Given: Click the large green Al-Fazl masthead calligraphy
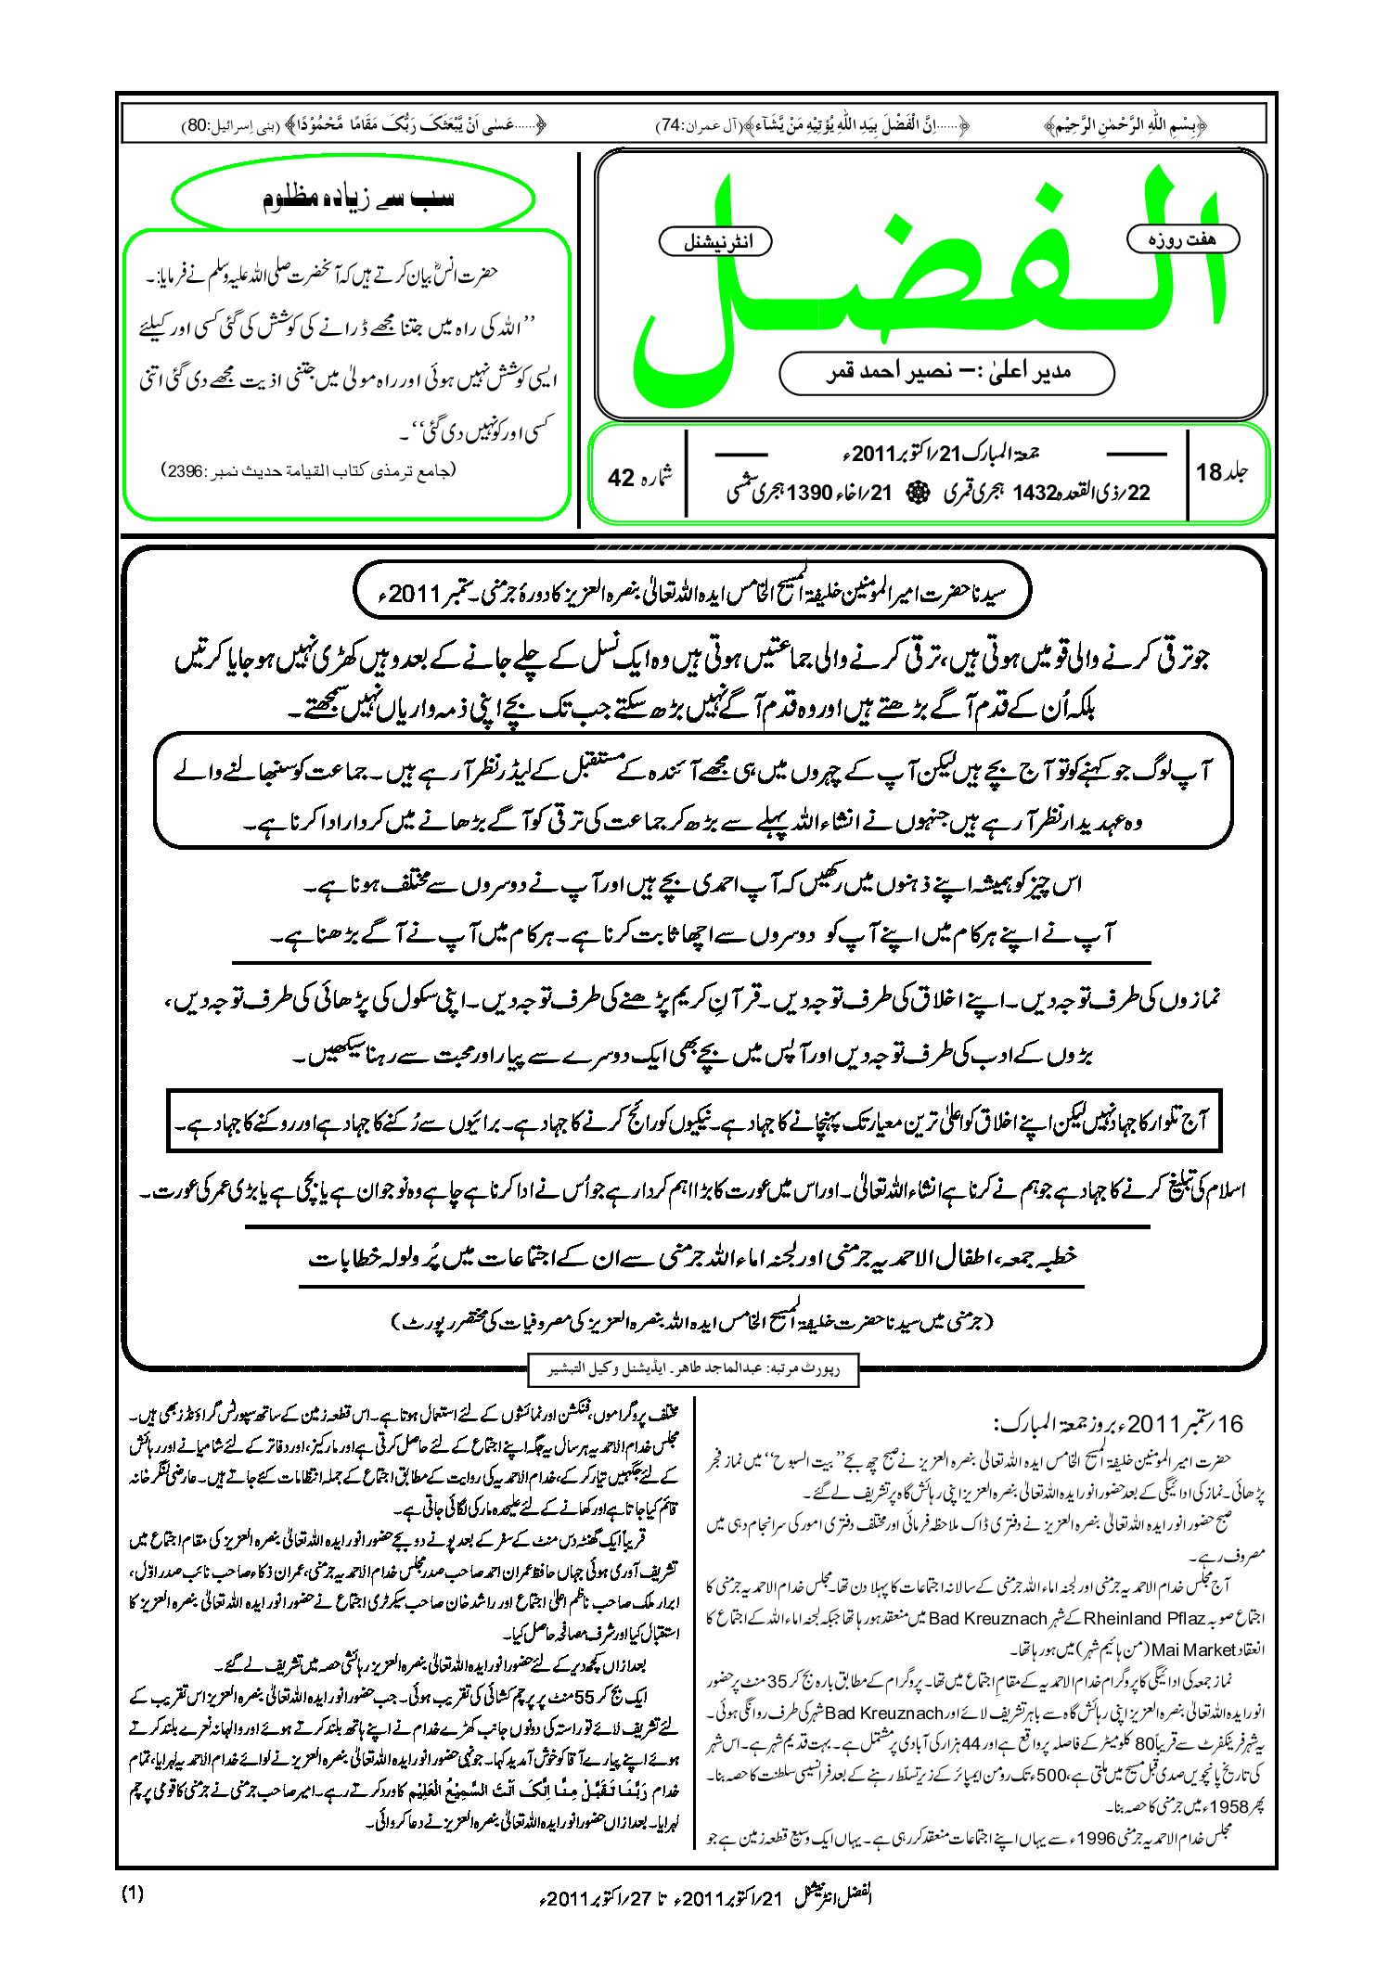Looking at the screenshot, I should click(928, 278).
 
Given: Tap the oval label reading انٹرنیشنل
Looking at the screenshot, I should click(715, 242).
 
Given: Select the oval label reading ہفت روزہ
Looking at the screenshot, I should click(1182, 239).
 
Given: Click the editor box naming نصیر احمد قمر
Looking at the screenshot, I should click(946, 372).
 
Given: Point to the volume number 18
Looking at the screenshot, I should click(1209, 472).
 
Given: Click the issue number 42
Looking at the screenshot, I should click(621, 477).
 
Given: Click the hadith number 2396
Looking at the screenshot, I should click(187, 471).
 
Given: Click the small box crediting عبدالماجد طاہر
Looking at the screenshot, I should click(693, 1369).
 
